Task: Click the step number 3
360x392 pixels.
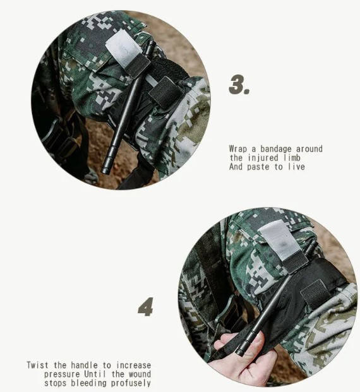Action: (x=239, y=85)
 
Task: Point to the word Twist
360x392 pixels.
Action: (x=37, y=365)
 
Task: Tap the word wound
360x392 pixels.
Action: (x=140, y=374)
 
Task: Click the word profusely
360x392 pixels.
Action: (x=131, y=383)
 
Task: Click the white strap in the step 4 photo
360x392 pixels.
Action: (x=279, y=241)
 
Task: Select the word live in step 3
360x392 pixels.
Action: (x=297, y=167)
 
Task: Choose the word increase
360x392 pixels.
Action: (x=134, y=365)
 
